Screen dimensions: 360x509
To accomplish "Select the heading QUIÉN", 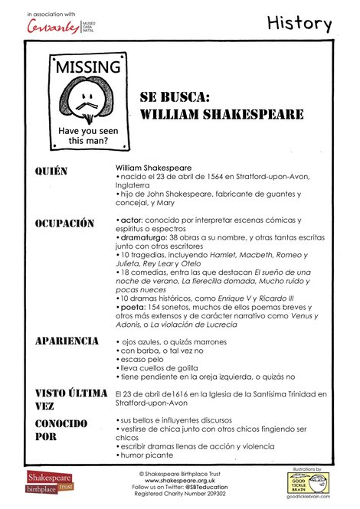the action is (x=51, y=170).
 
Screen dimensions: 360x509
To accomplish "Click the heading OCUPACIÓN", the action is (x=64, y=224).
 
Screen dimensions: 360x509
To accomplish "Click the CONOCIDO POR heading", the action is (x=61, y=430).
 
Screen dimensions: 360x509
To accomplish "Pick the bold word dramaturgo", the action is (x=144, y=237).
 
